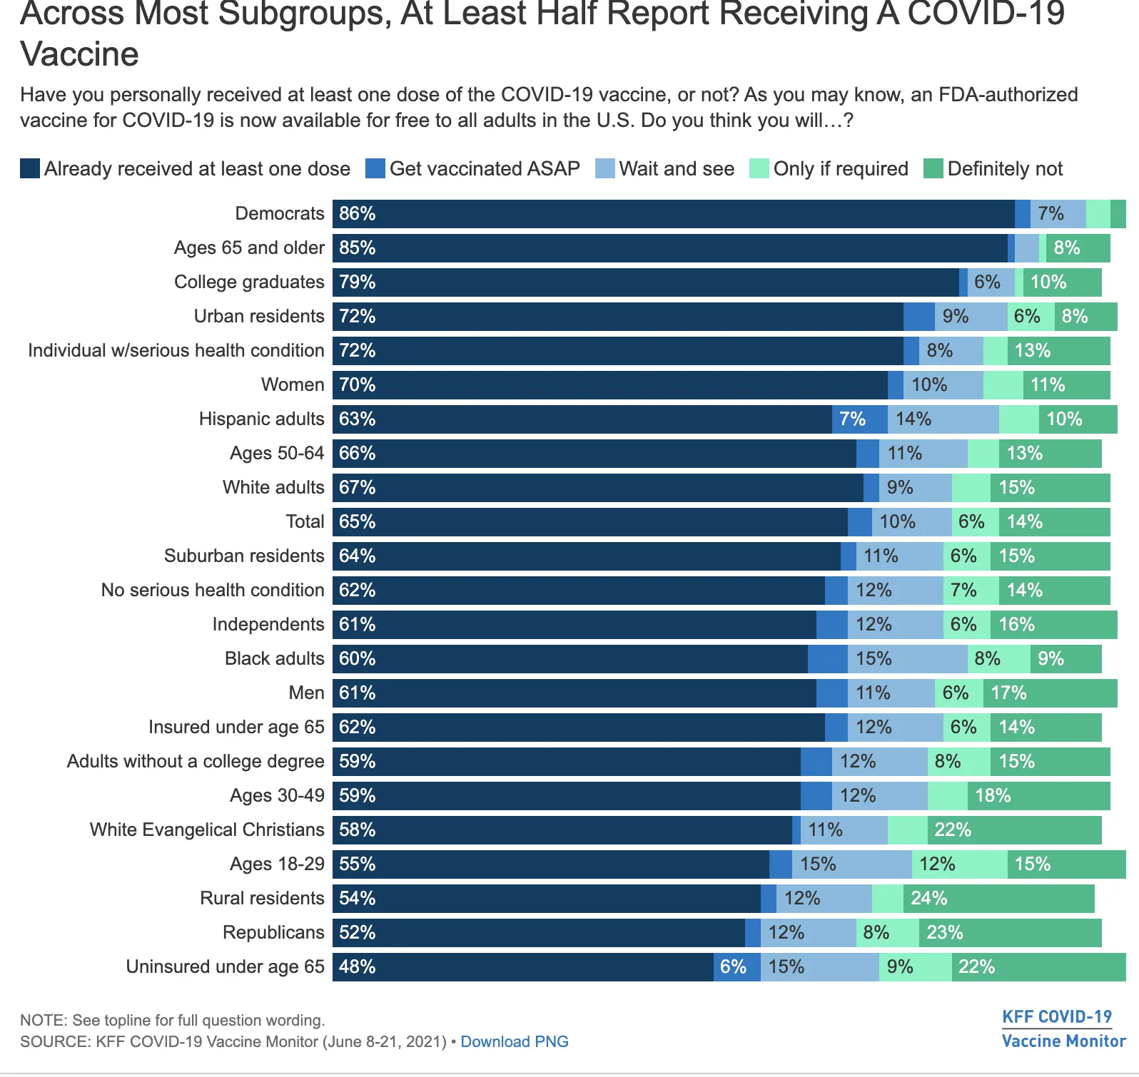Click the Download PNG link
click(x=514, y=1041)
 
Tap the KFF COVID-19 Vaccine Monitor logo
click(x=1063, y=1028)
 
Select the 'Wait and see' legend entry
click(x=665, y=168)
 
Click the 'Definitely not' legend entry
click(x=993, y=168)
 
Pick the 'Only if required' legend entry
click(x=829, y=168)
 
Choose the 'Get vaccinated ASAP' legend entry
click(x=472, y=168)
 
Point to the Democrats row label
click(x=280, y=213)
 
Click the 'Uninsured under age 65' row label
click(x=225, y=966)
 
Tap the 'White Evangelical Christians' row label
click(x=207, y=830)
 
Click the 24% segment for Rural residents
click(x=998, y=899)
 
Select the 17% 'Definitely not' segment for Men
click(x=1050, y=693)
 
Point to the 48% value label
click(x=357, y=967)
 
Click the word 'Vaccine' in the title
click(x=79, y=54)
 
